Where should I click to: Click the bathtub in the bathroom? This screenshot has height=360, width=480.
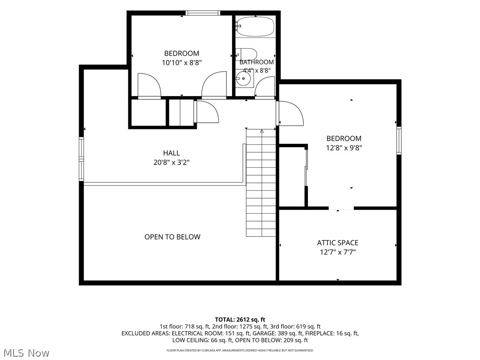(255, 26)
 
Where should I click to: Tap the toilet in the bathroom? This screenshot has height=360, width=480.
(247, 54)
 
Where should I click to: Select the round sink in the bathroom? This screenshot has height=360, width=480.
(244, 78)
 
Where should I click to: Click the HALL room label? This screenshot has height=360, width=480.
(172, 153)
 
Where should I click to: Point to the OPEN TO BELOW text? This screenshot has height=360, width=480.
(172, 237)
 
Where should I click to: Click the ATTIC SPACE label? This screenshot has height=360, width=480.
(337, 243)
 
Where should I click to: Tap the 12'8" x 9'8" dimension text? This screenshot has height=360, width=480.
(344, 148)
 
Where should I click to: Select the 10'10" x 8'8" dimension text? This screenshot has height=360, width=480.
(182, 63)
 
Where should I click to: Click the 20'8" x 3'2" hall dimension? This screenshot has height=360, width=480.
(172, 162)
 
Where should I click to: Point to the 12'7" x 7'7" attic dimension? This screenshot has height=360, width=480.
(337, 252)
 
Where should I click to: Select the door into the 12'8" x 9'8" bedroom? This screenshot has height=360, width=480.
(290, 113)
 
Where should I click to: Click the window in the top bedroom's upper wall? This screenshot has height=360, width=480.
(203, 13)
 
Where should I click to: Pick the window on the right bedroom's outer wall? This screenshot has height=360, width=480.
(399, 141)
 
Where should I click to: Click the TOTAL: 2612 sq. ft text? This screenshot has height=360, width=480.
(240, 320)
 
